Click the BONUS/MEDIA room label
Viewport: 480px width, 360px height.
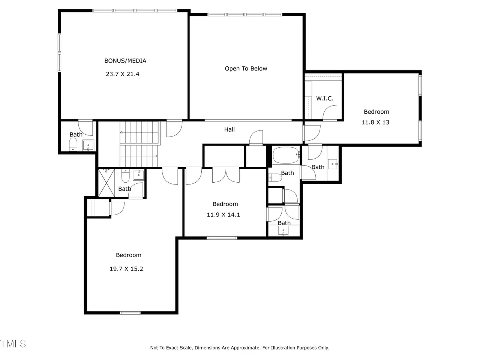click(125, 61)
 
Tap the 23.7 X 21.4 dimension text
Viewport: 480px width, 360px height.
click(123, 74)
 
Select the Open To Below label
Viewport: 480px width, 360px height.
click(246, 69)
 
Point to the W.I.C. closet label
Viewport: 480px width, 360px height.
click(324, 98)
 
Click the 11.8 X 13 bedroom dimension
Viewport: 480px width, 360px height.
click(375, 122)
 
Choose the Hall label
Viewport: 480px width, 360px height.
click(229, 130)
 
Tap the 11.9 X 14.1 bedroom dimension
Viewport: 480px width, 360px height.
click(223, 214)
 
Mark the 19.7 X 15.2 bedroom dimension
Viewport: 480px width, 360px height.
click(126, 268)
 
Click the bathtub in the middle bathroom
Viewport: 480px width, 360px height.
click(286, 155)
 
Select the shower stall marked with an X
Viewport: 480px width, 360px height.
click(106, 183)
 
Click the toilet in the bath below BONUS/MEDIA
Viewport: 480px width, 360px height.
click(73, 144)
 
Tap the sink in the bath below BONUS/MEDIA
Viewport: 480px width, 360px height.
click(88, 145)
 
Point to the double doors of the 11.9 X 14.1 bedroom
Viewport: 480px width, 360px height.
click(226, 175)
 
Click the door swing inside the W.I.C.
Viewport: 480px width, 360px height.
click(330, 113)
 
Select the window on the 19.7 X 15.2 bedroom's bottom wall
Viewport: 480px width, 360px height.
click(130, 313)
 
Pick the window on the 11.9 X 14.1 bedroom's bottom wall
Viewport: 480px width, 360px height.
click(222, 238)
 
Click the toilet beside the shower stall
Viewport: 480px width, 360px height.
click(125, 176)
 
